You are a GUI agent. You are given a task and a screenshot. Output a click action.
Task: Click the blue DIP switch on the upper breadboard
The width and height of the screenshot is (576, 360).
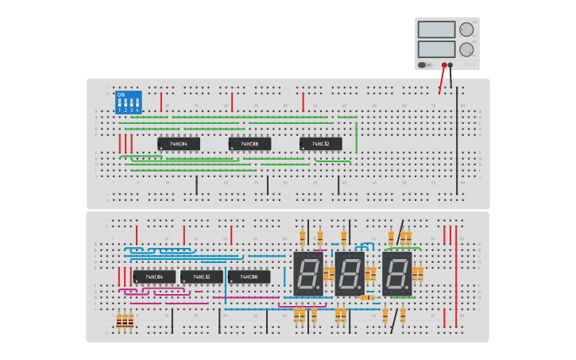(128, 102)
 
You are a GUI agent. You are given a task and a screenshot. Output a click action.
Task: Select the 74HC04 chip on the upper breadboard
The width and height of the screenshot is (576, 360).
(178, 144)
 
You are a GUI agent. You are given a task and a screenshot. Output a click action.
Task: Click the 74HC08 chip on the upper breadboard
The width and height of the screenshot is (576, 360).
(249, 144)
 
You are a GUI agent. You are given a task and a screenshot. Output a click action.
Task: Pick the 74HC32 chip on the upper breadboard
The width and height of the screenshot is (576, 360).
(320, 144)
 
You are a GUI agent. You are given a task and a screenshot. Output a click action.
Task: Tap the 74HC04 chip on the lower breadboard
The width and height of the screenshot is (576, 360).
(154, 277)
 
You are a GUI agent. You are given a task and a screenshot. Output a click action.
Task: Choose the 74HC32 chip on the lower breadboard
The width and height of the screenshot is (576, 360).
(201, 277)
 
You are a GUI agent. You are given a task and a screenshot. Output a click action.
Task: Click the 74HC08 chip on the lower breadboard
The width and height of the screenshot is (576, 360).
(249, 277)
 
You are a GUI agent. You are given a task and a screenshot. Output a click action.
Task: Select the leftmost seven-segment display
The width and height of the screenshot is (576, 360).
(307, 273)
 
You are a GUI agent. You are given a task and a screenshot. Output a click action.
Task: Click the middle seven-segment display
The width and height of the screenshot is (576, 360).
(349, 273)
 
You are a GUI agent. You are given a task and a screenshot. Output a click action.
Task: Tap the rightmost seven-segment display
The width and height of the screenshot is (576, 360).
(396, 273)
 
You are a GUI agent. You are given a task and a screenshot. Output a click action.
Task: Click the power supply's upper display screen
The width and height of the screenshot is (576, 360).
(436, 29)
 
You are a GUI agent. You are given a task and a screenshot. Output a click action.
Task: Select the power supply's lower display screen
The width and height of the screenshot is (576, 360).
(436, 48)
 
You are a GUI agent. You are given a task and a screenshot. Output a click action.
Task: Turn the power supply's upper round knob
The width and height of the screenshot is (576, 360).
(466, 29)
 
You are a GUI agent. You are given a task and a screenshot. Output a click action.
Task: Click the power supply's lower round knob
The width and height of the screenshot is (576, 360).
(466, 48)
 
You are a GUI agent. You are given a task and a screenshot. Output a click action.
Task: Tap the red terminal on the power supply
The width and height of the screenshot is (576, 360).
(444, 65)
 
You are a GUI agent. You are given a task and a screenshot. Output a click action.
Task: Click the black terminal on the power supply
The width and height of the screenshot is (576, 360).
(450, 65)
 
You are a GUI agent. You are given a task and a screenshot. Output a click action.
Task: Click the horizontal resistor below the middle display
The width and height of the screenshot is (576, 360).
(367, 297)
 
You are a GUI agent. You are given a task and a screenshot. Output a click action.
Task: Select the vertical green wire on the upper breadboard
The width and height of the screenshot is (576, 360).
(356, 136)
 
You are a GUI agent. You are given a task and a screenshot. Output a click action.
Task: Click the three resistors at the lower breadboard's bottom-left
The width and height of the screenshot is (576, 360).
(125, 321)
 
